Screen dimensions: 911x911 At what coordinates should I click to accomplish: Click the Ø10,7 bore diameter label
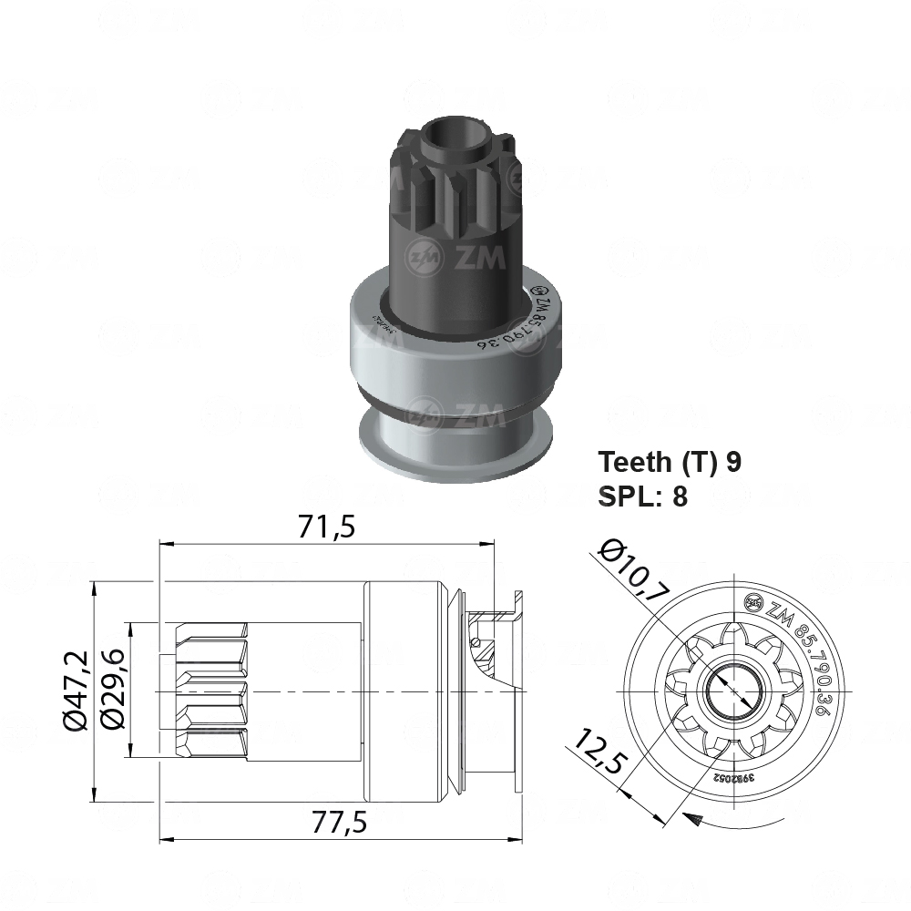point(636,572)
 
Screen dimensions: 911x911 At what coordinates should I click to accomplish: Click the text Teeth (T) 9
point(670,462)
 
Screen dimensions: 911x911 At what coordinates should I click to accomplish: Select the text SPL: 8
point(642,496)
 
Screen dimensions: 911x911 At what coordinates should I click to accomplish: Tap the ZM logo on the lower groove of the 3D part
point(455,413)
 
